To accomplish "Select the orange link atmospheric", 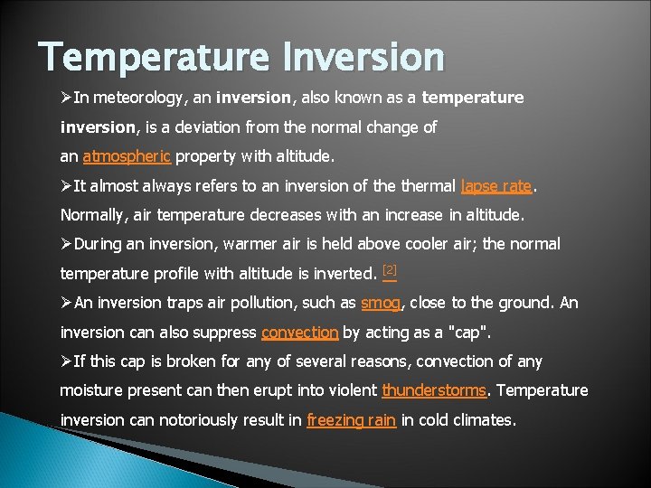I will click(127, 156).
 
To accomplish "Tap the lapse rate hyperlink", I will click(496, 186).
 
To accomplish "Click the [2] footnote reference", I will click(390, 270).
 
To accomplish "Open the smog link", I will click(380, 304).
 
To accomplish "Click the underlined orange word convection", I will click(299, 333).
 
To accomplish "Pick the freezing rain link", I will click(351, 420).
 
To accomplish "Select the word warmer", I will click(249, 244).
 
